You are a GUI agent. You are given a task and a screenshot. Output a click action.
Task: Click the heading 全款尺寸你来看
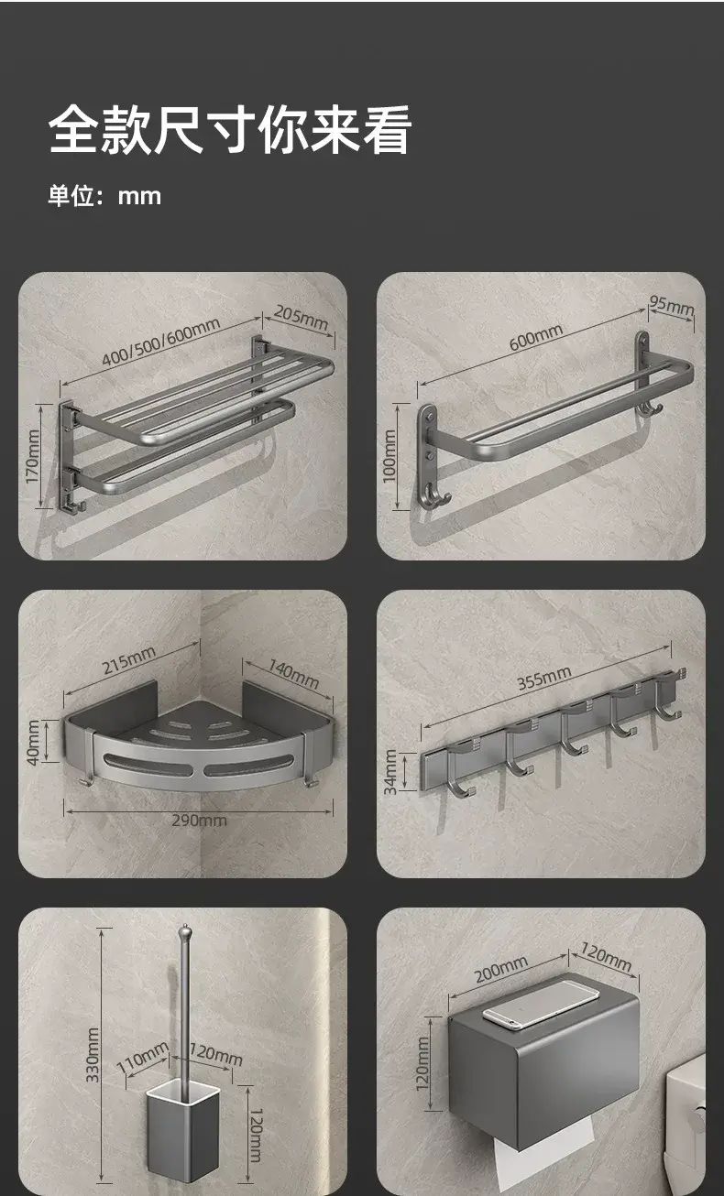pyautogui.click(x=230, y=130)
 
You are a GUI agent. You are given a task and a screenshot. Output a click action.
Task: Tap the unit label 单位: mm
pyautogui.click(x=104, y=196)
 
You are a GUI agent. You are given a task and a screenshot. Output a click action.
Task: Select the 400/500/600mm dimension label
pyautogui.click(x=160, y=342)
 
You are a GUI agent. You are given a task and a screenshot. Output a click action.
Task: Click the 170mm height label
pyautogui.click(x=33, y=456)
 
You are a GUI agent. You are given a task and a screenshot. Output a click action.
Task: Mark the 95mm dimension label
pyautogui.click(x=672, y=305)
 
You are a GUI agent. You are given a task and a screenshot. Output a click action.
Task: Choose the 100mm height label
pyautogui.click(x=389, y=456)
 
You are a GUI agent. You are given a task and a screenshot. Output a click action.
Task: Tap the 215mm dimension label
pyautogui.click(x=129, y=660)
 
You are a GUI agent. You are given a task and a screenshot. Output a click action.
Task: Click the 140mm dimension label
pyautogui.click(x=293, y=674)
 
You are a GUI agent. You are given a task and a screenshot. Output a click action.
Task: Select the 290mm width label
pyautogui.click(x=199, y=821)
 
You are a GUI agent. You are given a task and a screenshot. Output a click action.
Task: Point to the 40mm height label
pyautogui.click(x=33, y=742)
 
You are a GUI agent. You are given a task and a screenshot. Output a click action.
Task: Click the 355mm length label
pyautogui.click(x=544, y=679)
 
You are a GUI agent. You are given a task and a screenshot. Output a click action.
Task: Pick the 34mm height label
pyautogui.click(x=390, y=772)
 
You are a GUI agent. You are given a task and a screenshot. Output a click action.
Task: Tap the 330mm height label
pyautogui.click(x=93, y=1055)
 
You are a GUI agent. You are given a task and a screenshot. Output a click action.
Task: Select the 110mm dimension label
pyautogui.click(x=143, y=1057)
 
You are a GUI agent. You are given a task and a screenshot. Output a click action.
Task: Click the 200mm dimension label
pyautogui.click(x=500, y=969)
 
